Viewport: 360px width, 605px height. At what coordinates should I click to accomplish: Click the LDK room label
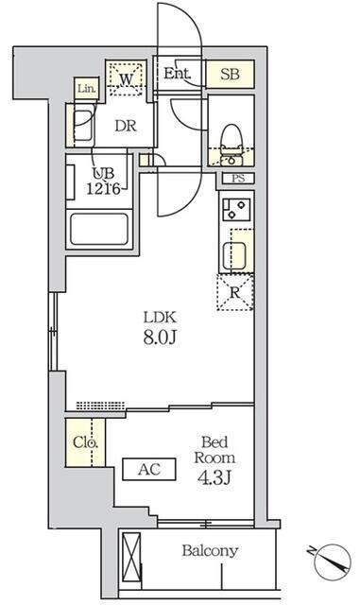160,318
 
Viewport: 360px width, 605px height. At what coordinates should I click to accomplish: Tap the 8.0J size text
160,338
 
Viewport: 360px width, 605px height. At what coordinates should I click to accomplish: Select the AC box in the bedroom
149,469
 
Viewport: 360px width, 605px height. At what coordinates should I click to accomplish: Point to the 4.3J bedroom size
214,478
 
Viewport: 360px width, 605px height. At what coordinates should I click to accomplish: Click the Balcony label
210,550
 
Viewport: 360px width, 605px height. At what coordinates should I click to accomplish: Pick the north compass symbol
331,561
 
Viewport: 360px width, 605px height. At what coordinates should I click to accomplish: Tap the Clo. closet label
85,442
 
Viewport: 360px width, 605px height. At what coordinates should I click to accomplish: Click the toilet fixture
231,144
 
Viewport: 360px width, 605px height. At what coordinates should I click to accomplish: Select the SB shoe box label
231,74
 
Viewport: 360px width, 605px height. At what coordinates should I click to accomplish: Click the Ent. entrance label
177,73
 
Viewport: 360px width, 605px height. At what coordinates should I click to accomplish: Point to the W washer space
127,79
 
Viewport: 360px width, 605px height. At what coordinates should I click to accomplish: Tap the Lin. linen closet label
86,89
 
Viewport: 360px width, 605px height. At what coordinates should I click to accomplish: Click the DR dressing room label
126,126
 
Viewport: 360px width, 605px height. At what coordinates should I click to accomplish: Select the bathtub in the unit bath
99,229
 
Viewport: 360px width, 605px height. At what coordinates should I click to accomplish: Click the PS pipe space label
238,179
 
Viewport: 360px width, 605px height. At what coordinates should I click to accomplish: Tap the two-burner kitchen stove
236,210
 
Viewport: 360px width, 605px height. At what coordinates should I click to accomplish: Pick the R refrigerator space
235,292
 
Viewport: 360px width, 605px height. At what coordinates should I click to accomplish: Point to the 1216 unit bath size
103,189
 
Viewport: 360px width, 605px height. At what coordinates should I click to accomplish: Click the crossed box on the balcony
131,557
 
